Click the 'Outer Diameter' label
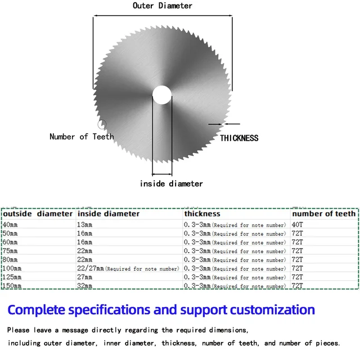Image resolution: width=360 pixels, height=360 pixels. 162,6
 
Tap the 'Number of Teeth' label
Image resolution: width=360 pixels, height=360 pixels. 82,137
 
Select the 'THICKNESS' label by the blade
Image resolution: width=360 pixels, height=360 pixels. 239,138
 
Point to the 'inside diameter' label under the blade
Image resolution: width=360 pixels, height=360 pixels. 171,183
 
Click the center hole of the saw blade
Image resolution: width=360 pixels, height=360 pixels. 162,94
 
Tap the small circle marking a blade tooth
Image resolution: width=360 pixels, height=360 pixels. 102,124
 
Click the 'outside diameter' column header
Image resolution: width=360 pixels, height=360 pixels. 38,214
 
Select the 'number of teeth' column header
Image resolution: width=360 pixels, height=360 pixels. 323,214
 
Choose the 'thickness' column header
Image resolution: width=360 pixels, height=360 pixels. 202,214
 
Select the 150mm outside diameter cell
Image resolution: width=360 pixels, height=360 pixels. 12,286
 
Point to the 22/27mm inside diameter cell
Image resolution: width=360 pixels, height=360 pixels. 91,268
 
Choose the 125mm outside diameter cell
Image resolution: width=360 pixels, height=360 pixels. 12,277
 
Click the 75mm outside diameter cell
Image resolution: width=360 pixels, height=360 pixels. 10,251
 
